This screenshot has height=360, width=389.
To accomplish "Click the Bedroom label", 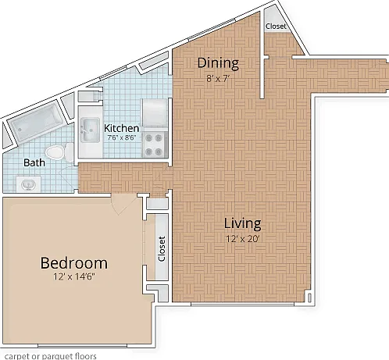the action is (74, 263).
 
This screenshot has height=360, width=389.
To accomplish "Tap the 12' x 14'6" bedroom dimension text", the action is (74, 276).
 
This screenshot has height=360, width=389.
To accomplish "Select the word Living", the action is (242, 224).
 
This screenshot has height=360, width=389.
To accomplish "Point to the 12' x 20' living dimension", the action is (242, 239).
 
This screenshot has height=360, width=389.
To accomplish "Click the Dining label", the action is (218, 63).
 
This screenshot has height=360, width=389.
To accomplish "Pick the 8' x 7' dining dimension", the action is (218, 78).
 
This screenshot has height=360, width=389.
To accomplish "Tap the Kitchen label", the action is (121, 128).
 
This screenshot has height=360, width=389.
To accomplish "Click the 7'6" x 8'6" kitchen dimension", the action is (122, 137).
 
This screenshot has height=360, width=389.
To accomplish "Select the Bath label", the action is (34, 162).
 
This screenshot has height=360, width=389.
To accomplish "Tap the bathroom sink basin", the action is (28, 184).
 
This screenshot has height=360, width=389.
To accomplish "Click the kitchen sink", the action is (90, 130).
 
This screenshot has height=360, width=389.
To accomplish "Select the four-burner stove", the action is (154, 144).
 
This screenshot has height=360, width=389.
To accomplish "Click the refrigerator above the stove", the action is (154, 112).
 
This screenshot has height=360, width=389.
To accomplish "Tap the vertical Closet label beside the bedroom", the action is (162, 248).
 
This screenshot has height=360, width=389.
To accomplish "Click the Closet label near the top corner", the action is (276, 27).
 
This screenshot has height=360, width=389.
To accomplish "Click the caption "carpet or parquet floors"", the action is (51, 356).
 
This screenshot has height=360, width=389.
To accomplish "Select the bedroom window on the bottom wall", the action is (82, 346).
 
